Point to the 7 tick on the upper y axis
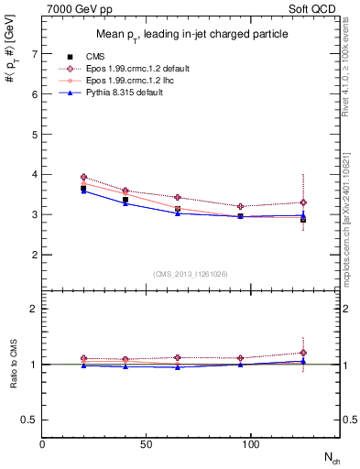click(33, 54)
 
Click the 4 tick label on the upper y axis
click(33, 174)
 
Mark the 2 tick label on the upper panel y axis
click(33, 255)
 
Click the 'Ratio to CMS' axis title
click(13, 364)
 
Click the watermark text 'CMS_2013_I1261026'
click(191, 274)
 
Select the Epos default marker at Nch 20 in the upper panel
click(84, 177)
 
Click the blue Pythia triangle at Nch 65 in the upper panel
click(179, 213)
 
